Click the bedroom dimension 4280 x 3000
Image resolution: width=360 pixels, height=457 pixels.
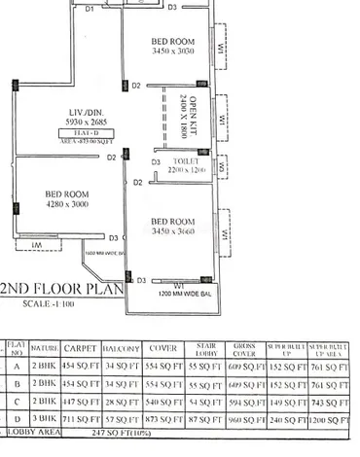pos(67,205)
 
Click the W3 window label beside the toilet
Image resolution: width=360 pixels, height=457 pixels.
pos(223,165)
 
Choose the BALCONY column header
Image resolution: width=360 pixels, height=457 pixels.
pos(123,347)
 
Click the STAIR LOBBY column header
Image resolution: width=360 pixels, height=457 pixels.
pos(203,347)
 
